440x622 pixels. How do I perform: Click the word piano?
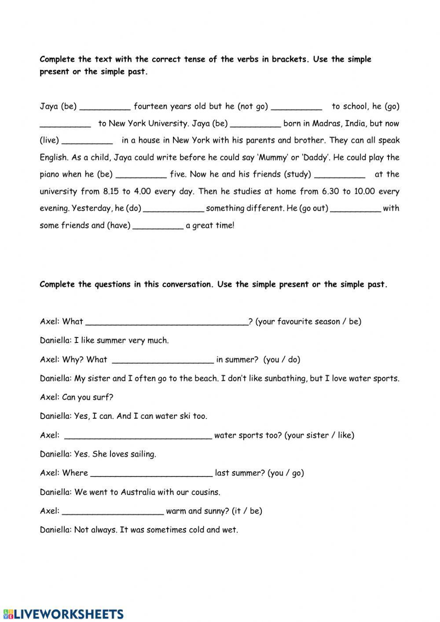(x=49, y=175)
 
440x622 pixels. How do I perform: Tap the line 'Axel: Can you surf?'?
(x=77, y=397)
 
